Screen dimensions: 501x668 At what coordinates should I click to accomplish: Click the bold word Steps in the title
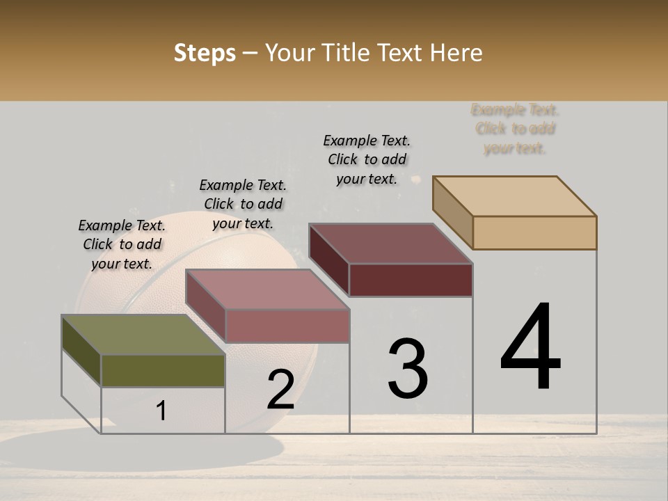(205, 53)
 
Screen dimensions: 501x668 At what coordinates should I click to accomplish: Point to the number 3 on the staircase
(408, 368)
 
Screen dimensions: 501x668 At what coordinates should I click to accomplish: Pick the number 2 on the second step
(280, 389)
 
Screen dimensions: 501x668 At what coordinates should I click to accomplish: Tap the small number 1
(161, 411)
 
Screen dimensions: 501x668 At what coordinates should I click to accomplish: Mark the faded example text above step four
(515, 129)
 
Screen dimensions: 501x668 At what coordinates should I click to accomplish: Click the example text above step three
(367, 159)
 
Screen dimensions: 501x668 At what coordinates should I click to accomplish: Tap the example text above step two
(243, 204)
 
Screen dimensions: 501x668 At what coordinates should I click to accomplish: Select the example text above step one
(122, 244)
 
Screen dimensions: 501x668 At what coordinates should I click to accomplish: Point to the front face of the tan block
(534, 232)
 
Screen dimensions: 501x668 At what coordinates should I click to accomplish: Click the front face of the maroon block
(411, 280)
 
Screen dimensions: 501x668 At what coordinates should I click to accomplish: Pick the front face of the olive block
(163, 371)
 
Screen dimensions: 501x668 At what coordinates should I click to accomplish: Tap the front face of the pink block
(287, 326)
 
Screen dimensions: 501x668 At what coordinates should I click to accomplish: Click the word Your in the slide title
(289, 53)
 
